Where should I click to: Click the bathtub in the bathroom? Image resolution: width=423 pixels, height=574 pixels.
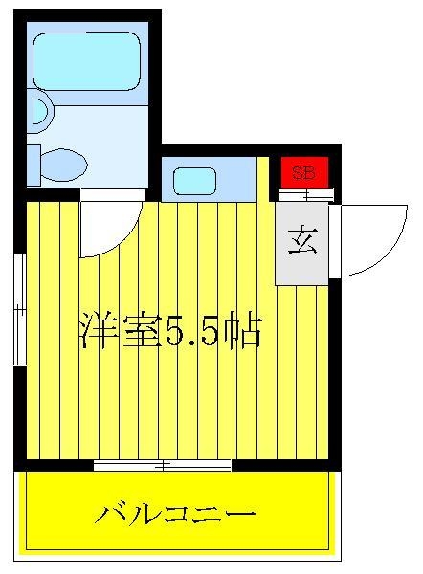87,61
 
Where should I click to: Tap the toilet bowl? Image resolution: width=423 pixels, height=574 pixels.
64,165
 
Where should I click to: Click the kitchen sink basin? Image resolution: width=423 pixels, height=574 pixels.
194,181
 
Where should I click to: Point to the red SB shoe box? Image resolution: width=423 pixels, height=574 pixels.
304,172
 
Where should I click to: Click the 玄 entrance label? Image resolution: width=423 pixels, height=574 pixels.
302,240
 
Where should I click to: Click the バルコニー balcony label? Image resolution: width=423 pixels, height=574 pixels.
175,515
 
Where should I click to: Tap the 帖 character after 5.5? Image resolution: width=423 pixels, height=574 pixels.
243,331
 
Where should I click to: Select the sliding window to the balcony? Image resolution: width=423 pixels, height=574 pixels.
163,465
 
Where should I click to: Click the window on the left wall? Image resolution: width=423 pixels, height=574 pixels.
20,309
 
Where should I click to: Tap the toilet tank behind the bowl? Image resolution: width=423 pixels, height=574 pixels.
33,166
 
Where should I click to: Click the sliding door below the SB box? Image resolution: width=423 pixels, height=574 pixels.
306,195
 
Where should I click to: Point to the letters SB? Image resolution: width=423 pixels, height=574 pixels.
303,173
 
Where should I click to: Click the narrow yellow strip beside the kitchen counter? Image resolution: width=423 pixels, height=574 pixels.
263,180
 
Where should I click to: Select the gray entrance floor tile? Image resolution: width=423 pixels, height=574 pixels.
301,243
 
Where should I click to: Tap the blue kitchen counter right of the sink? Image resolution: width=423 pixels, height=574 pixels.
235,180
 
